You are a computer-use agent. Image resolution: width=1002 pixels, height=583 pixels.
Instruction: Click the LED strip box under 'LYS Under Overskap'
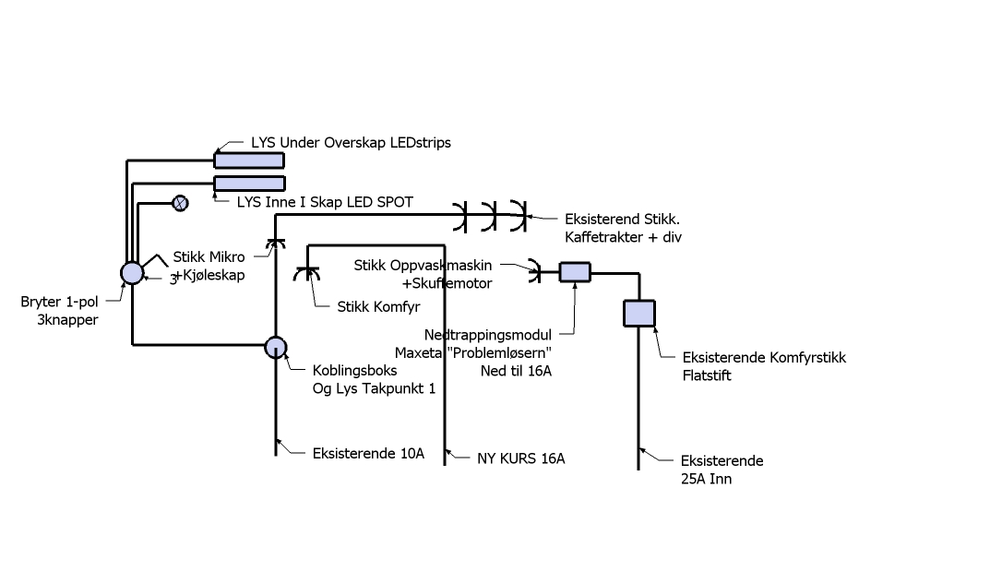click(249, 161)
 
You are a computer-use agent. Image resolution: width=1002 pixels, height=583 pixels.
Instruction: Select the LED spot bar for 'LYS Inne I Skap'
click(249, 184)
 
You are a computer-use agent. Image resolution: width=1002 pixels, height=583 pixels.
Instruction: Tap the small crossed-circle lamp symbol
click(181, 203)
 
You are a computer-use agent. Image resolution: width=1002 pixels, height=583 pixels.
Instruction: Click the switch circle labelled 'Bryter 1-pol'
click(133, 272)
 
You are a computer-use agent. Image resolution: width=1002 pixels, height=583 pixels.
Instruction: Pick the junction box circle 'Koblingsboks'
click(276, 347)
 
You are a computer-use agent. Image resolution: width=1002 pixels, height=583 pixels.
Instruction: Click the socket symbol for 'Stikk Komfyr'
click(306, 275)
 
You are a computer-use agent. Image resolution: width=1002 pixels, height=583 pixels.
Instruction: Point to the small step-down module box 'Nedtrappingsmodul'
click(576, 271)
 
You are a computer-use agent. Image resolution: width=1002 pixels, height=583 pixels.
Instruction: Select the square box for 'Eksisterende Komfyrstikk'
click(639, 314)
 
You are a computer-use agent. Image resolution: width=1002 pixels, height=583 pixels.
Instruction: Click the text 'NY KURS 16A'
click(520, 458)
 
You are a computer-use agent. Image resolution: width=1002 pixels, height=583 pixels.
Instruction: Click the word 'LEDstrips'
click(414, 143)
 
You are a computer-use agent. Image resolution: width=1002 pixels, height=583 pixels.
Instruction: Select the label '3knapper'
click(67, 319)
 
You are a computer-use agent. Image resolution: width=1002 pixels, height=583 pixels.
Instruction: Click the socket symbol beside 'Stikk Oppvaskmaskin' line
click(535, 271)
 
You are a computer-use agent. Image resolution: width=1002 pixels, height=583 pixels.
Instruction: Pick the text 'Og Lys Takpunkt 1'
click(374, 388)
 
